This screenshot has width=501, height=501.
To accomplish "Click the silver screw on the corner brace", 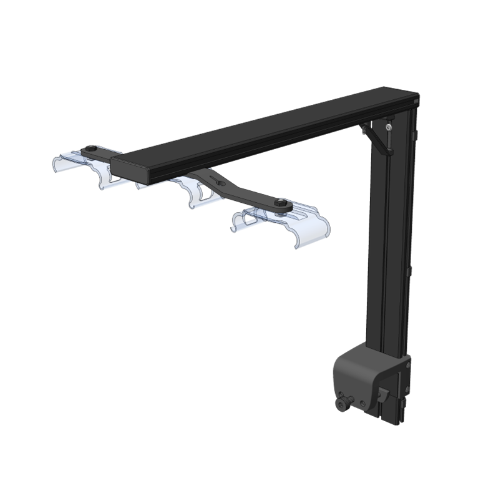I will pyautogui.click(x=389, y=127).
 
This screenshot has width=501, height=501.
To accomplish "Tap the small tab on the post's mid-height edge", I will pyautogui.click(x=409, y=271).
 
